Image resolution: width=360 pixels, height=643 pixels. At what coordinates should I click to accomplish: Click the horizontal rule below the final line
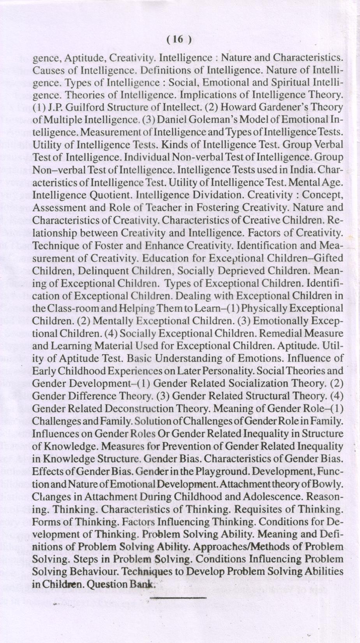178,597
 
